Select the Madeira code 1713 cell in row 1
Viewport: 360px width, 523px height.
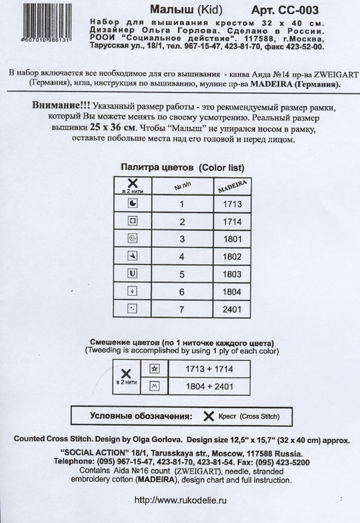click(232, 203)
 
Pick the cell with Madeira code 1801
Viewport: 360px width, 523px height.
click(232, 238)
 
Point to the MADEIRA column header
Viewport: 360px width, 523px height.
click(232, 185)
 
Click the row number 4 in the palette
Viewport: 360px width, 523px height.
click(181, 256)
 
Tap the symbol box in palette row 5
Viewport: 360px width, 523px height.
click(132, 274)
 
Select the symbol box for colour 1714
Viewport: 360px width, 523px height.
click(132, 221)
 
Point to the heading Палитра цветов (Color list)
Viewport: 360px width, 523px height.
click(182, 166)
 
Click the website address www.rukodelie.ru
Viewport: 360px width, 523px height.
click(181, 500)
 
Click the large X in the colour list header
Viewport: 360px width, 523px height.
click(132, 182)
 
